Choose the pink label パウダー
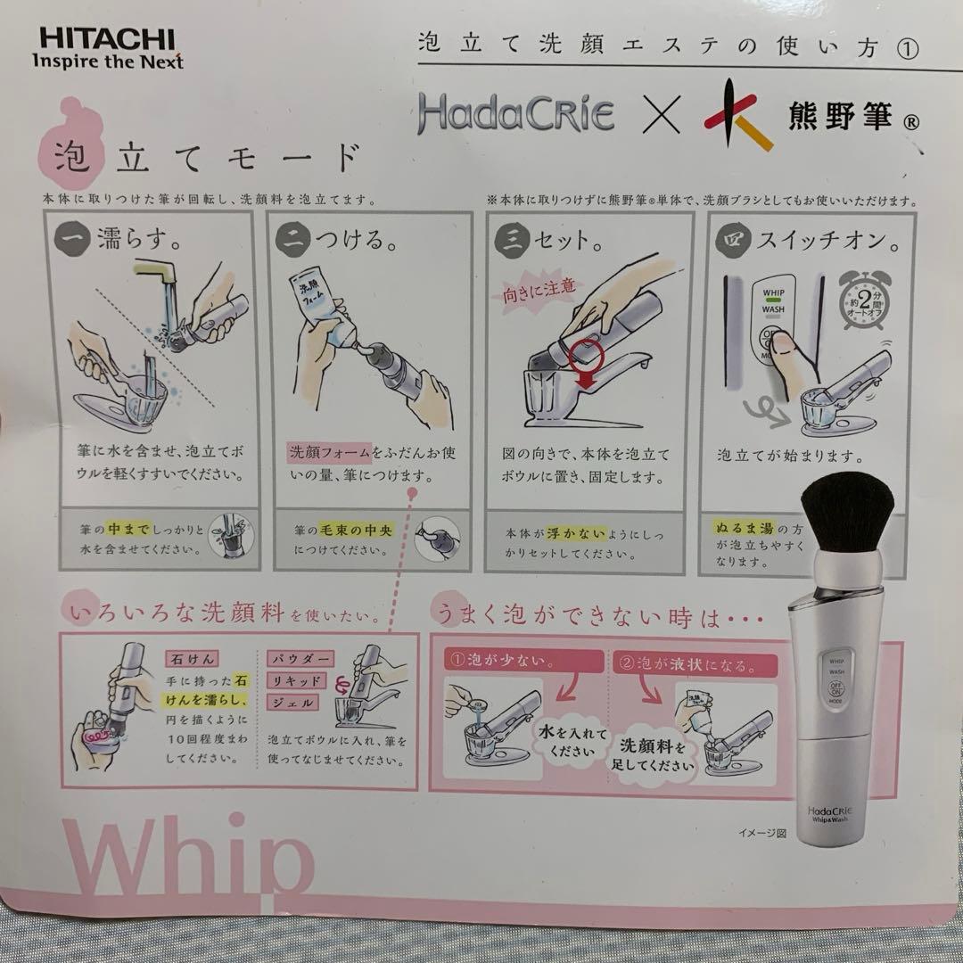click(300, 659)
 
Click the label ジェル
click(292, 702)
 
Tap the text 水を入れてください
click(571, 741)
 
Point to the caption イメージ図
click(761, 834)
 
